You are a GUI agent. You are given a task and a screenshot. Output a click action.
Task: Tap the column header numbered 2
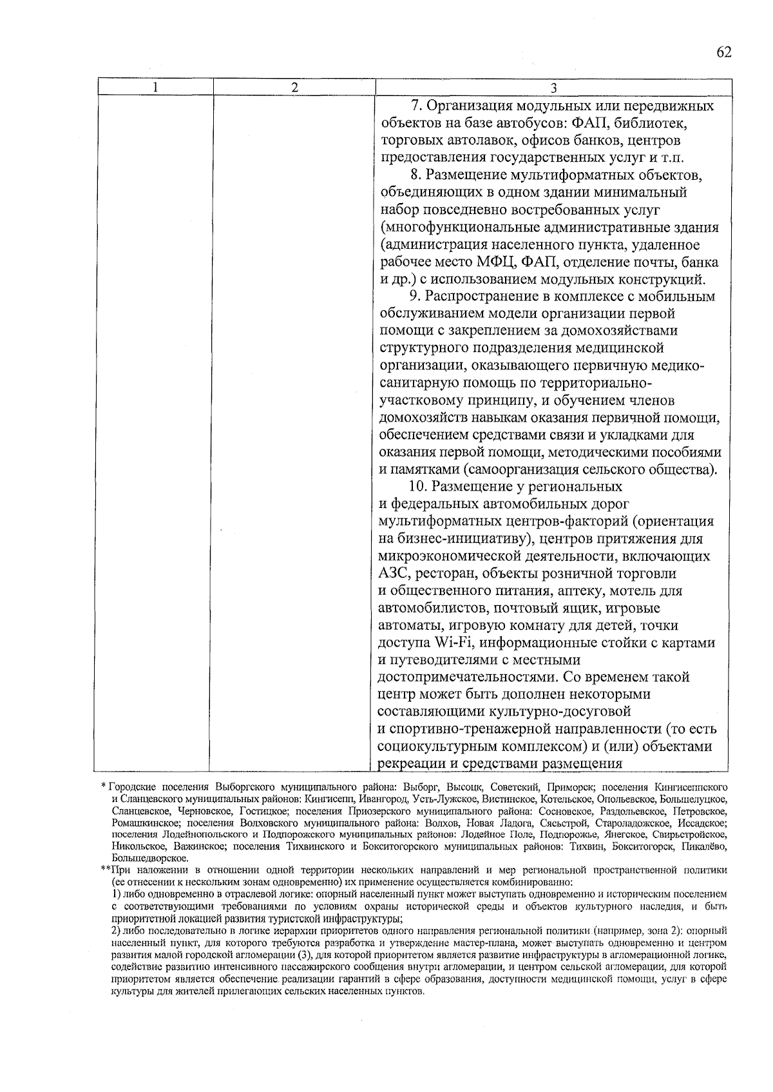(x=294, y=88)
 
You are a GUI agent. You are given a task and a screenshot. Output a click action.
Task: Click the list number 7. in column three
(x=415, y=106)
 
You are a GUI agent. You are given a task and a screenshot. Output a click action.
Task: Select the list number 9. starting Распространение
(x=415, y=297)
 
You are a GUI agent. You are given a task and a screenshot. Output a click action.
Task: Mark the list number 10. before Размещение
(x=419, y=486)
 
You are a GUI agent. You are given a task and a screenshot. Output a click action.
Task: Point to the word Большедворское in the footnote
(x=149, y=858)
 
